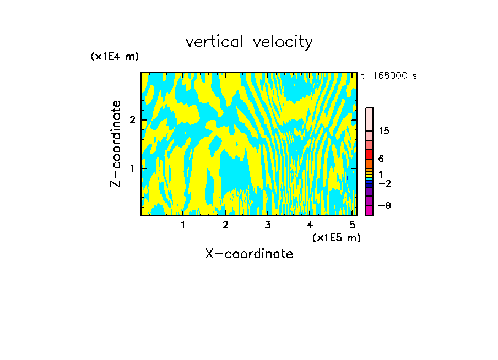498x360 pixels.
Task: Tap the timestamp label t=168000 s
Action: coord(389,75)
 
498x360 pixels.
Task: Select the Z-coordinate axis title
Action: coord(116,144)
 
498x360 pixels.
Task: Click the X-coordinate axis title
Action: coord(249,254)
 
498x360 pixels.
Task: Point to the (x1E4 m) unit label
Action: coord(115,56)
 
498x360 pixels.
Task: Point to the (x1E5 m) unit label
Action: coord(336,237)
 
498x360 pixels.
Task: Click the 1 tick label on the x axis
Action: coord(183,225)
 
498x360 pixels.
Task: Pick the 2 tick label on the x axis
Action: coord(225,225)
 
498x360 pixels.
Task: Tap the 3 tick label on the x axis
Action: coord(268,225)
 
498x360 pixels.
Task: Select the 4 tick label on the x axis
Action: coord(310,225)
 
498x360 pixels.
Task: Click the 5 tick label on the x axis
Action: coord(352,225)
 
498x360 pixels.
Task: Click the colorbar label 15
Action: coord(384,131)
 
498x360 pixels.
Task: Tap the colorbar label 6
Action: coord(381,159)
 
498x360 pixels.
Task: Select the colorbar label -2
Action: coord(384,183)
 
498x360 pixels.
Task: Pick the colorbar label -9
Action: coord(384,205)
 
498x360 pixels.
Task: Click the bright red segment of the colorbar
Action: coord(369,154)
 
